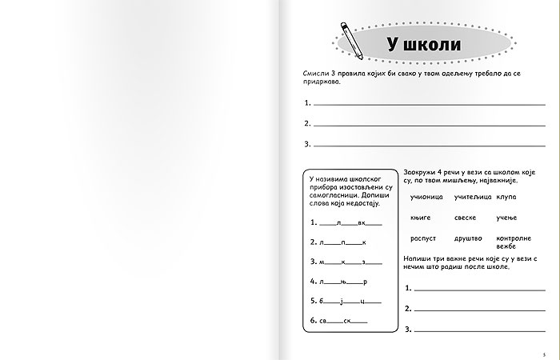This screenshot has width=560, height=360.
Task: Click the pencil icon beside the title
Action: point(351,39)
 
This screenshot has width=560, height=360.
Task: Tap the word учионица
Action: point(426,197)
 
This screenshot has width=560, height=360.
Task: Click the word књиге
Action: point(420,218)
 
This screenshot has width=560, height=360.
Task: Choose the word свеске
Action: point(465,218)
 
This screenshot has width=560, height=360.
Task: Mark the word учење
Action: point(507,218)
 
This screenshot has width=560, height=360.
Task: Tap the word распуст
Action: point(423,238)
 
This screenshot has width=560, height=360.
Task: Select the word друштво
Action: point(468,238)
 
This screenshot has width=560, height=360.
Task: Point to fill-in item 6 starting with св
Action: point(342,321)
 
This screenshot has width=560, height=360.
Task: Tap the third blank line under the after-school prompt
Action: point(478,329)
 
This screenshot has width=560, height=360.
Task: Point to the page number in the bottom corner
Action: point(543,354)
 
